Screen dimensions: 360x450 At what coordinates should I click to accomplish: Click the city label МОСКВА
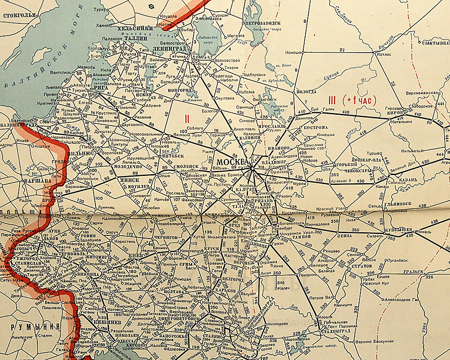pos(232,162)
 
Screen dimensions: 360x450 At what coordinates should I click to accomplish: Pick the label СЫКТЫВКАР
pos(434,43)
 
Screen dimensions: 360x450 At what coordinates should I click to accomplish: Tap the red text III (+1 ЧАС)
pos(352,101)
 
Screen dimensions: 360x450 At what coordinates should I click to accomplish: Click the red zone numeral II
pos(186,119)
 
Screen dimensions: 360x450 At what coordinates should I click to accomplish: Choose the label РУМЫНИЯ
pos(30,327)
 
